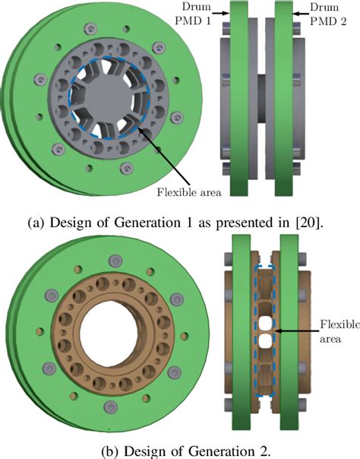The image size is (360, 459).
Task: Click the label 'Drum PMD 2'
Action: (337, 11)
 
